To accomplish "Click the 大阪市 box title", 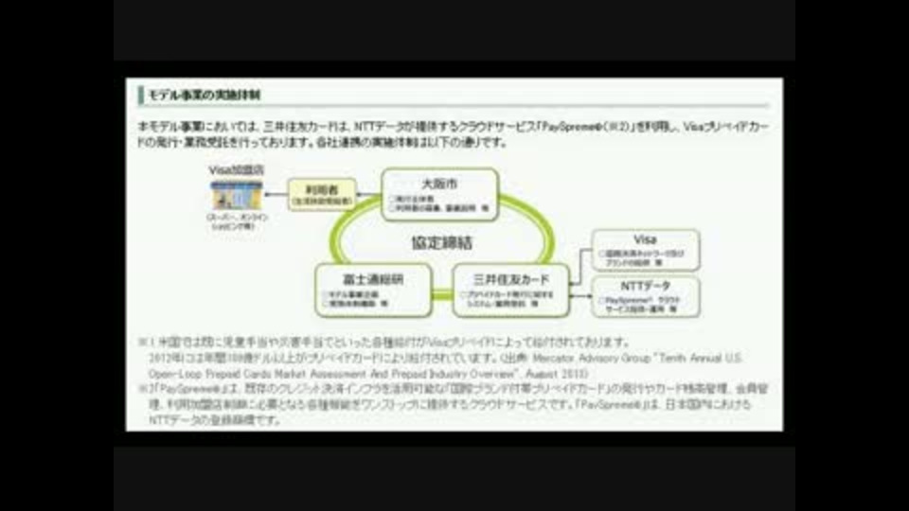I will (438, 183).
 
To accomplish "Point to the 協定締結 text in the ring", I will (441, 243).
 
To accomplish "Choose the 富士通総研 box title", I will (373, 279).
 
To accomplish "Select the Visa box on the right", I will (646, 250).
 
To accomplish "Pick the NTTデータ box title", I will (646, 285).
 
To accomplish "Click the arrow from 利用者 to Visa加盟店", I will (275, 194).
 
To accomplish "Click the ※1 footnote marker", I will (144, 342).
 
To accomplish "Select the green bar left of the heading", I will (140, 95).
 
